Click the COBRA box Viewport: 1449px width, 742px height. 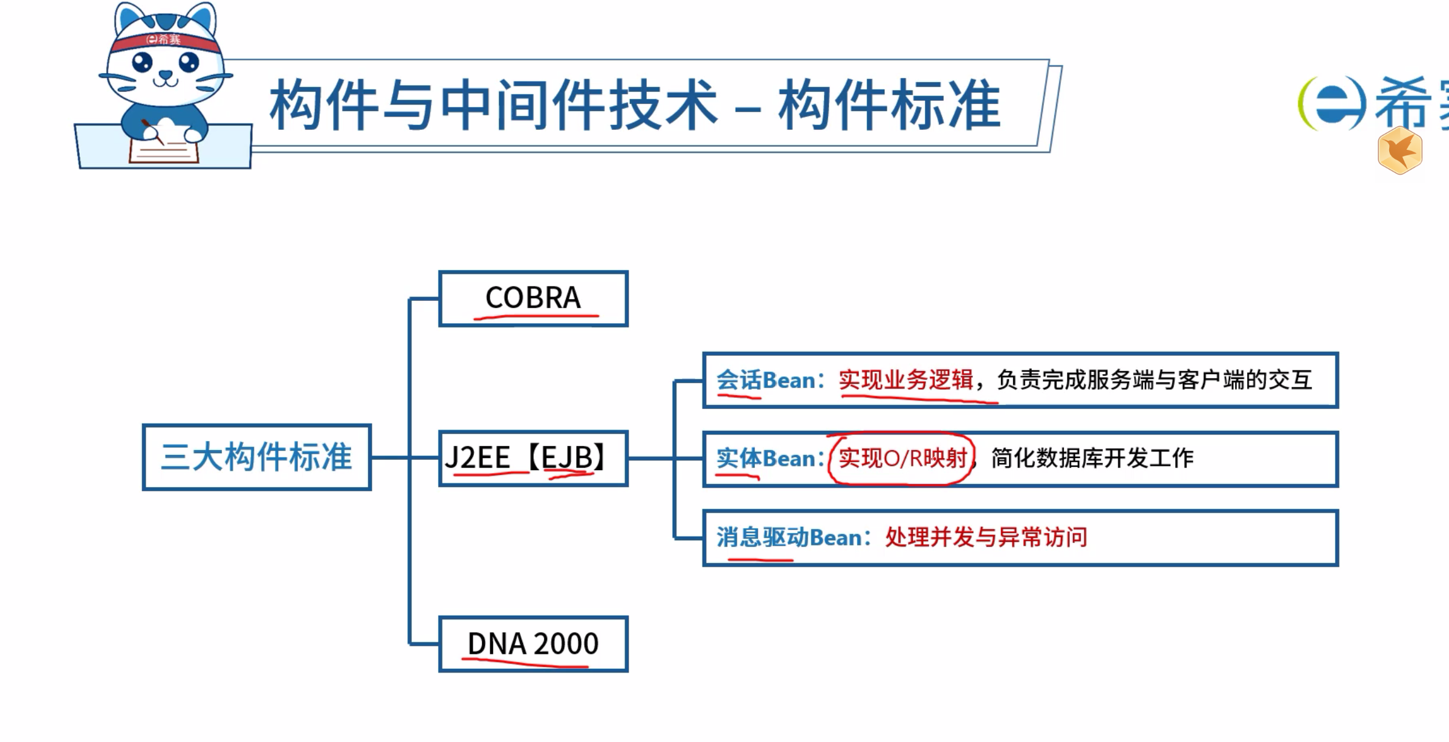click(x=533, y=298)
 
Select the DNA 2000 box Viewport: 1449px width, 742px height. click(x=533, y=644)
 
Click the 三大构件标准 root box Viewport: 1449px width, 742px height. click(x=257, y=457)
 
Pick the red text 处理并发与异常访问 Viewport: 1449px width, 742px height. click(x=986, y=537)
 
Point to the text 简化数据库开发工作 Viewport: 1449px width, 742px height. click(x=1092, y=459)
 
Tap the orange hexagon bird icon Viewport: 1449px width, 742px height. click(x=1400, y=151)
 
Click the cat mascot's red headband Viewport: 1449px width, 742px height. click(x=165, y=41)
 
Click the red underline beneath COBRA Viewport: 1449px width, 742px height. click(x=536, y=316)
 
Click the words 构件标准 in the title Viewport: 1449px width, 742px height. click(x=889, y=106)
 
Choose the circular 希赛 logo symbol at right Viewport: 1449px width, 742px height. click(x=1332, y=104)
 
